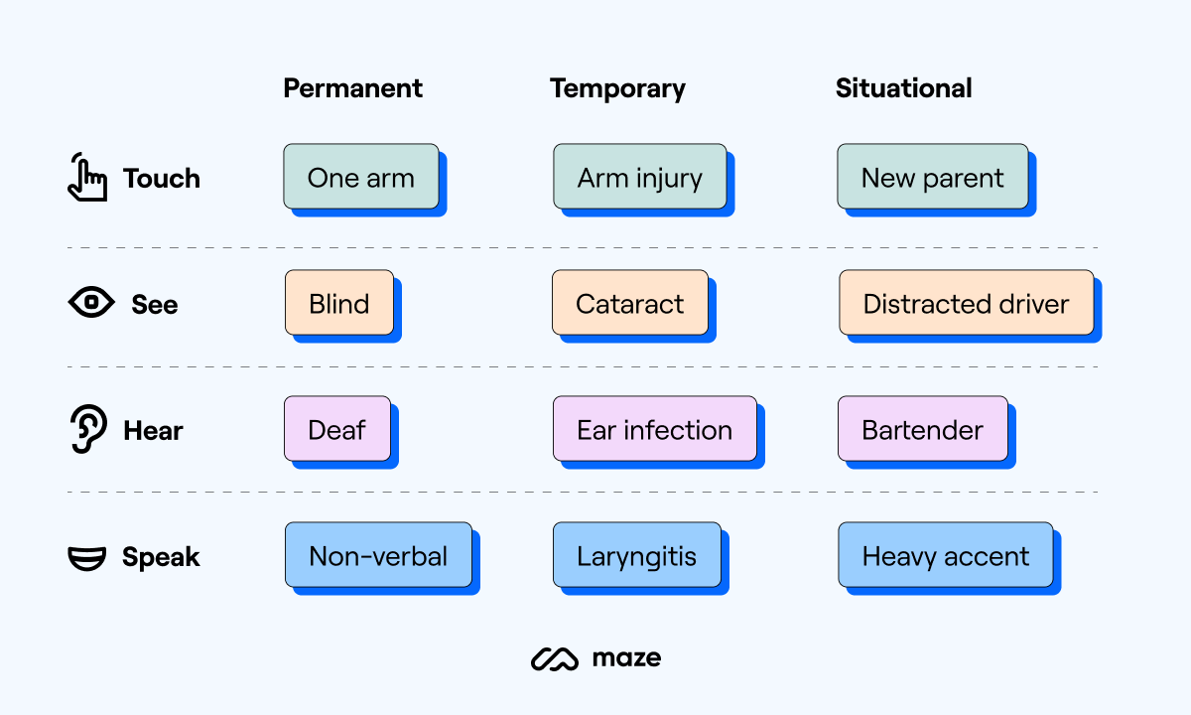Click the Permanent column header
click(x=352, y=88)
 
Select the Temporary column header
click(x=617, y=88)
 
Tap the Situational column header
click(x=903, y=88)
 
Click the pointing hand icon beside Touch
click(x=86, y=178)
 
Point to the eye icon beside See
click(x=91, y=303)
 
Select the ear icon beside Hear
click(x=89, y=430)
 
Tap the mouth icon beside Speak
click(x=87, y=557)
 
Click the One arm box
click(x=361, y=177)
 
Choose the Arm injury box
click(x=640, y=177)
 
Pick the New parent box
click(x=932, y=177)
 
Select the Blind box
click(x=339, y=303)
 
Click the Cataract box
click(x=630, y=303)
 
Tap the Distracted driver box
click(x=966, y=303)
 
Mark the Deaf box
click(x=337, y=429)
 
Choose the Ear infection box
click(x=654, y=429)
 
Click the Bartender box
click(x=922, y=429)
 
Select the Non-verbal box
click(x=378, y=555)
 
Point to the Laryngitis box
click(x=637, y=555)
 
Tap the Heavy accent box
click(x=945, y=555)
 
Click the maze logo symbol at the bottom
click(x=554, y=658)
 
